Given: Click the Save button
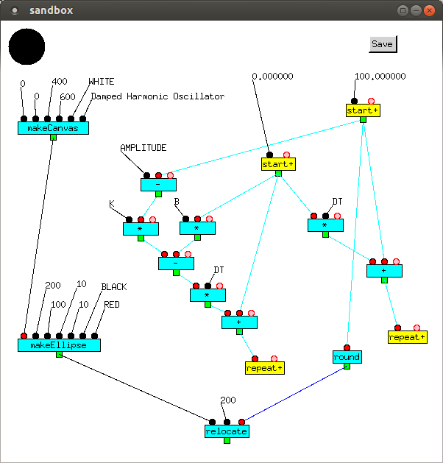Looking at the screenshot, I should [382, 44].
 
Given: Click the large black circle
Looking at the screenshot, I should [26, 46].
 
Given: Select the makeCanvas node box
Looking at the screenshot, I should [53, 128].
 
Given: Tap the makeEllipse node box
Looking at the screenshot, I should [59, 345].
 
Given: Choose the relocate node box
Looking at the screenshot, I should [227, 431].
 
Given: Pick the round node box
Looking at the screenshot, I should [347, 357].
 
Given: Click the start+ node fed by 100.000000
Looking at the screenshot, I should [363, 110].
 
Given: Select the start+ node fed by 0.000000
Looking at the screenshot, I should [278, 164].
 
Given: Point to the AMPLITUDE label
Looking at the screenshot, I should [143, 148].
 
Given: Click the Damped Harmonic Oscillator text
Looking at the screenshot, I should [157, 96].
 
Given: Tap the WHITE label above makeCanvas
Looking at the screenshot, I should [102, 82].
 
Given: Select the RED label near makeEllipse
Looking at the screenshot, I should [112, 304].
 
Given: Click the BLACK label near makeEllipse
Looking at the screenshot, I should [114, 286].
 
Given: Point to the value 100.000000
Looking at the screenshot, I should [380, 76].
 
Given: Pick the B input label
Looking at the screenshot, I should [177, 202].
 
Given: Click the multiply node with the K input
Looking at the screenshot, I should [141, 229].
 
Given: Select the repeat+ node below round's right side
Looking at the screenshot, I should [408, 337].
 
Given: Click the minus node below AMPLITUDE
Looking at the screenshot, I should [158, 185].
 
